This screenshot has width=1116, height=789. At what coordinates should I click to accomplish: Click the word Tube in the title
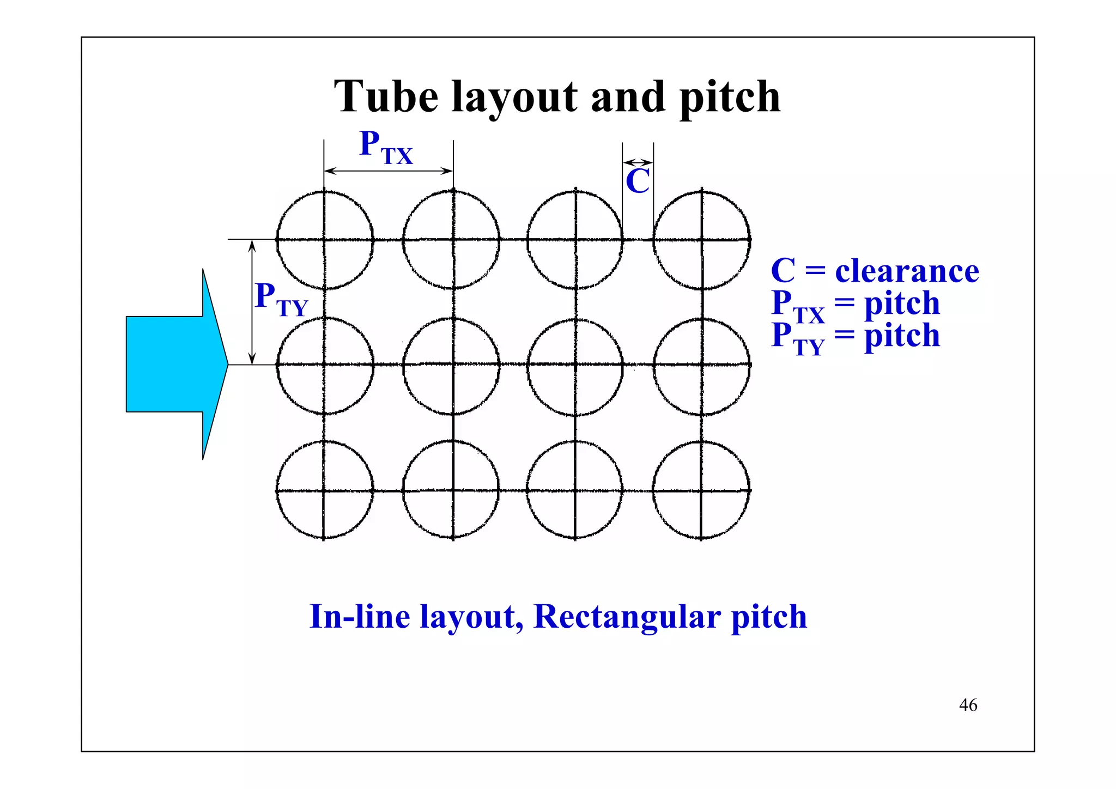click(x=386, y=97)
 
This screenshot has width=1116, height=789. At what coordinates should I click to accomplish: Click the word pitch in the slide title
click(x=730, y=98)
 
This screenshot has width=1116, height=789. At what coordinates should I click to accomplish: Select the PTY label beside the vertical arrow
click(x=281, y=299)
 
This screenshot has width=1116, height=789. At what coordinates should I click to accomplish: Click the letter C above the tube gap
click(x=638, y=181)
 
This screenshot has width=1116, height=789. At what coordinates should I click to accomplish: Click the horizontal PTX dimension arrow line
click(x=388, y=171)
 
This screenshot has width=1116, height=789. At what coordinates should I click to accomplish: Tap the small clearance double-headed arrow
click(x=638, y=162)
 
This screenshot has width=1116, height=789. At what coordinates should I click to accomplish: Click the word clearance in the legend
click(x=907, y=271)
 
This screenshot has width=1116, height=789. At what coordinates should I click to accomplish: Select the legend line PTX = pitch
click(x=856, y=304)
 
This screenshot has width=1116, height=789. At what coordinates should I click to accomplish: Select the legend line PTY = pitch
click(x=856, y=336)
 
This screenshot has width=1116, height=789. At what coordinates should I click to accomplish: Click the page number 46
click(x=968, y=705)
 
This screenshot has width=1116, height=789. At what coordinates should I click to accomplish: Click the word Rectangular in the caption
click(x=627, y=617)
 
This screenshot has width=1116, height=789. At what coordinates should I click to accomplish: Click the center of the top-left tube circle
click(x=324, y=239)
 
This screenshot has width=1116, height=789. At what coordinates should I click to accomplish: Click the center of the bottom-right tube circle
click(x=701, y=490)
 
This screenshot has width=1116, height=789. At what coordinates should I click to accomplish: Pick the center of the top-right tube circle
click(x=702, y=239)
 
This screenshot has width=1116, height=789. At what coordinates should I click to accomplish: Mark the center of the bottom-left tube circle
click(x=324, y=490)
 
